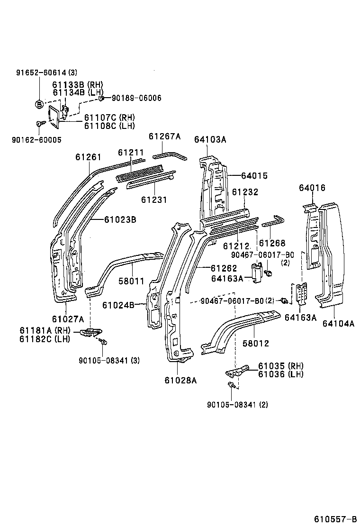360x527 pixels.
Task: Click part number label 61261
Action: pyautogui.click(x=88, y=156)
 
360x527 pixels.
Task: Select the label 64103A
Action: pyautogui.click(x=210, y=139)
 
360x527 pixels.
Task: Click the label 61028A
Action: pyautogui.click(x=180, y=379)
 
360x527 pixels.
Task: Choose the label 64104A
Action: pyautogui.click(x=338, y=323)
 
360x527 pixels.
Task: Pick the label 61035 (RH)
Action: pyautogui.click(x=281, y=366)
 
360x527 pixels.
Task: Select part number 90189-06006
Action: pyautogui.click(x=136, y=98)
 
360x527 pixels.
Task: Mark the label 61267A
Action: pyautogui.click(x=164, y=136)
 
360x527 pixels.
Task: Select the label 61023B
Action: pyautogui.click(x=120, y=219)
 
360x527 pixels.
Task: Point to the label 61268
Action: pyautogui.click(x=272, y=243)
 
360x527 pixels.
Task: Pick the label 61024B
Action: pyautogui.click(x=120, y=305)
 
